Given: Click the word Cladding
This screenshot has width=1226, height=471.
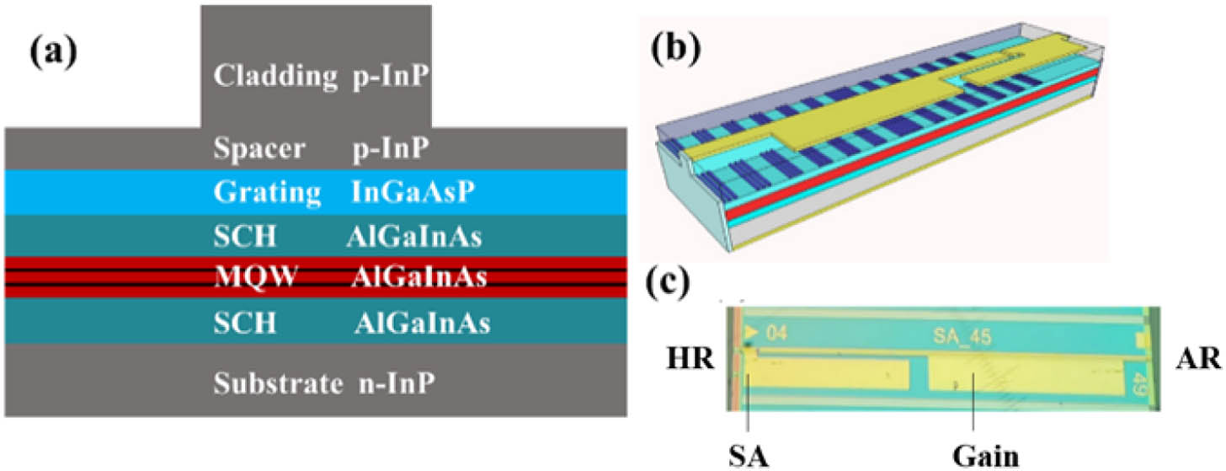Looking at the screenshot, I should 269,77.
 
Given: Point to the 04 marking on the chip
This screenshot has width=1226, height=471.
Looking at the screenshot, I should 774,332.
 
